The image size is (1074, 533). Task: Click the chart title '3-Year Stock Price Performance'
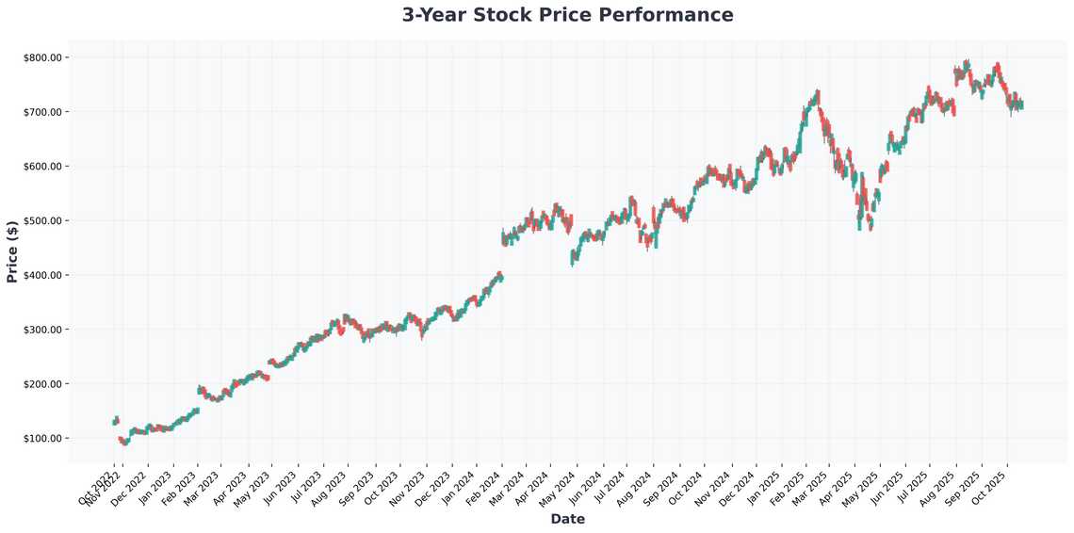point(567,15)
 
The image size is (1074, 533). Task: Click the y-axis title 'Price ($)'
point(12,251)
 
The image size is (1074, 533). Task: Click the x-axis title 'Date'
point(567,519)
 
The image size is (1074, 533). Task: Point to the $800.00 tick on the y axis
point(42,57)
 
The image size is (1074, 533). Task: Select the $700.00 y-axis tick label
point(42,112)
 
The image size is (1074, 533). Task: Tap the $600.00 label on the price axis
point(42,167)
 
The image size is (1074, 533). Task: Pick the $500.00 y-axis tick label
point(42,221)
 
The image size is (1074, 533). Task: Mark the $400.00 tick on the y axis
point(42,275)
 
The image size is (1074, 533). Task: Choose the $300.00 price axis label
point(42,330)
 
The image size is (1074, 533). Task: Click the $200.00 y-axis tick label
point(42,384)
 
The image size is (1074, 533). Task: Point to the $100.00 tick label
point(42,439)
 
